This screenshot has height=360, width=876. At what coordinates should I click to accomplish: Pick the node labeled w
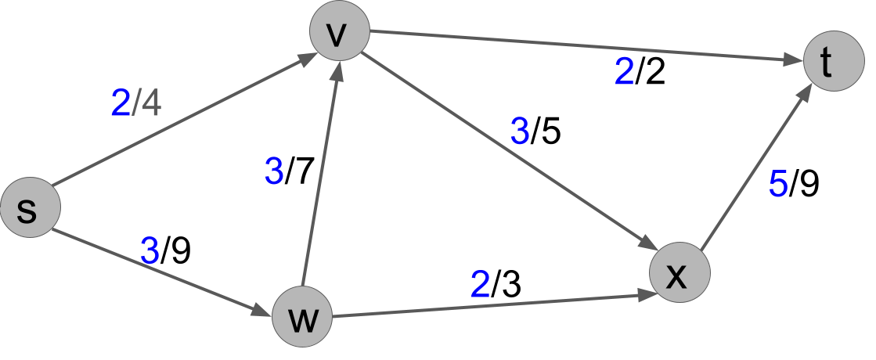(x=301, y=319)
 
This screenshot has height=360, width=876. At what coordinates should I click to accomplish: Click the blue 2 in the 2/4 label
(x=121, y=104)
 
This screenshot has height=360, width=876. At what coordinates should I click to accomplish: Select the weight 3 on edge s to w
(x=150, y=251)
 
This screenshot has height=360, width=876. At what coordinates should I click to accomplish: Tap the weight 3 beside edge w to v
(x=274, y=172)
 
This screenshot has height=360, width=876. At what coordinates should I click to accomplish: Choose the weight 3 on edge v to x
(x=520, y=132)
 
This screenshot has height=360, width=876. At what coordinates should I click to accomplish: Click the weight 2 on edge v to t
(x=624, y=73)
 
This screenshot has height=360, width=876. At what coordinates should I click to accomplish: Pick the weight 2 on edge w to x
(x=480, y=285)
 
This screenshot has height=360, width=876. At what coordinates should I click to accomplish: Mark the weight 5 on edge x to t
(x=777, y=184)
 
